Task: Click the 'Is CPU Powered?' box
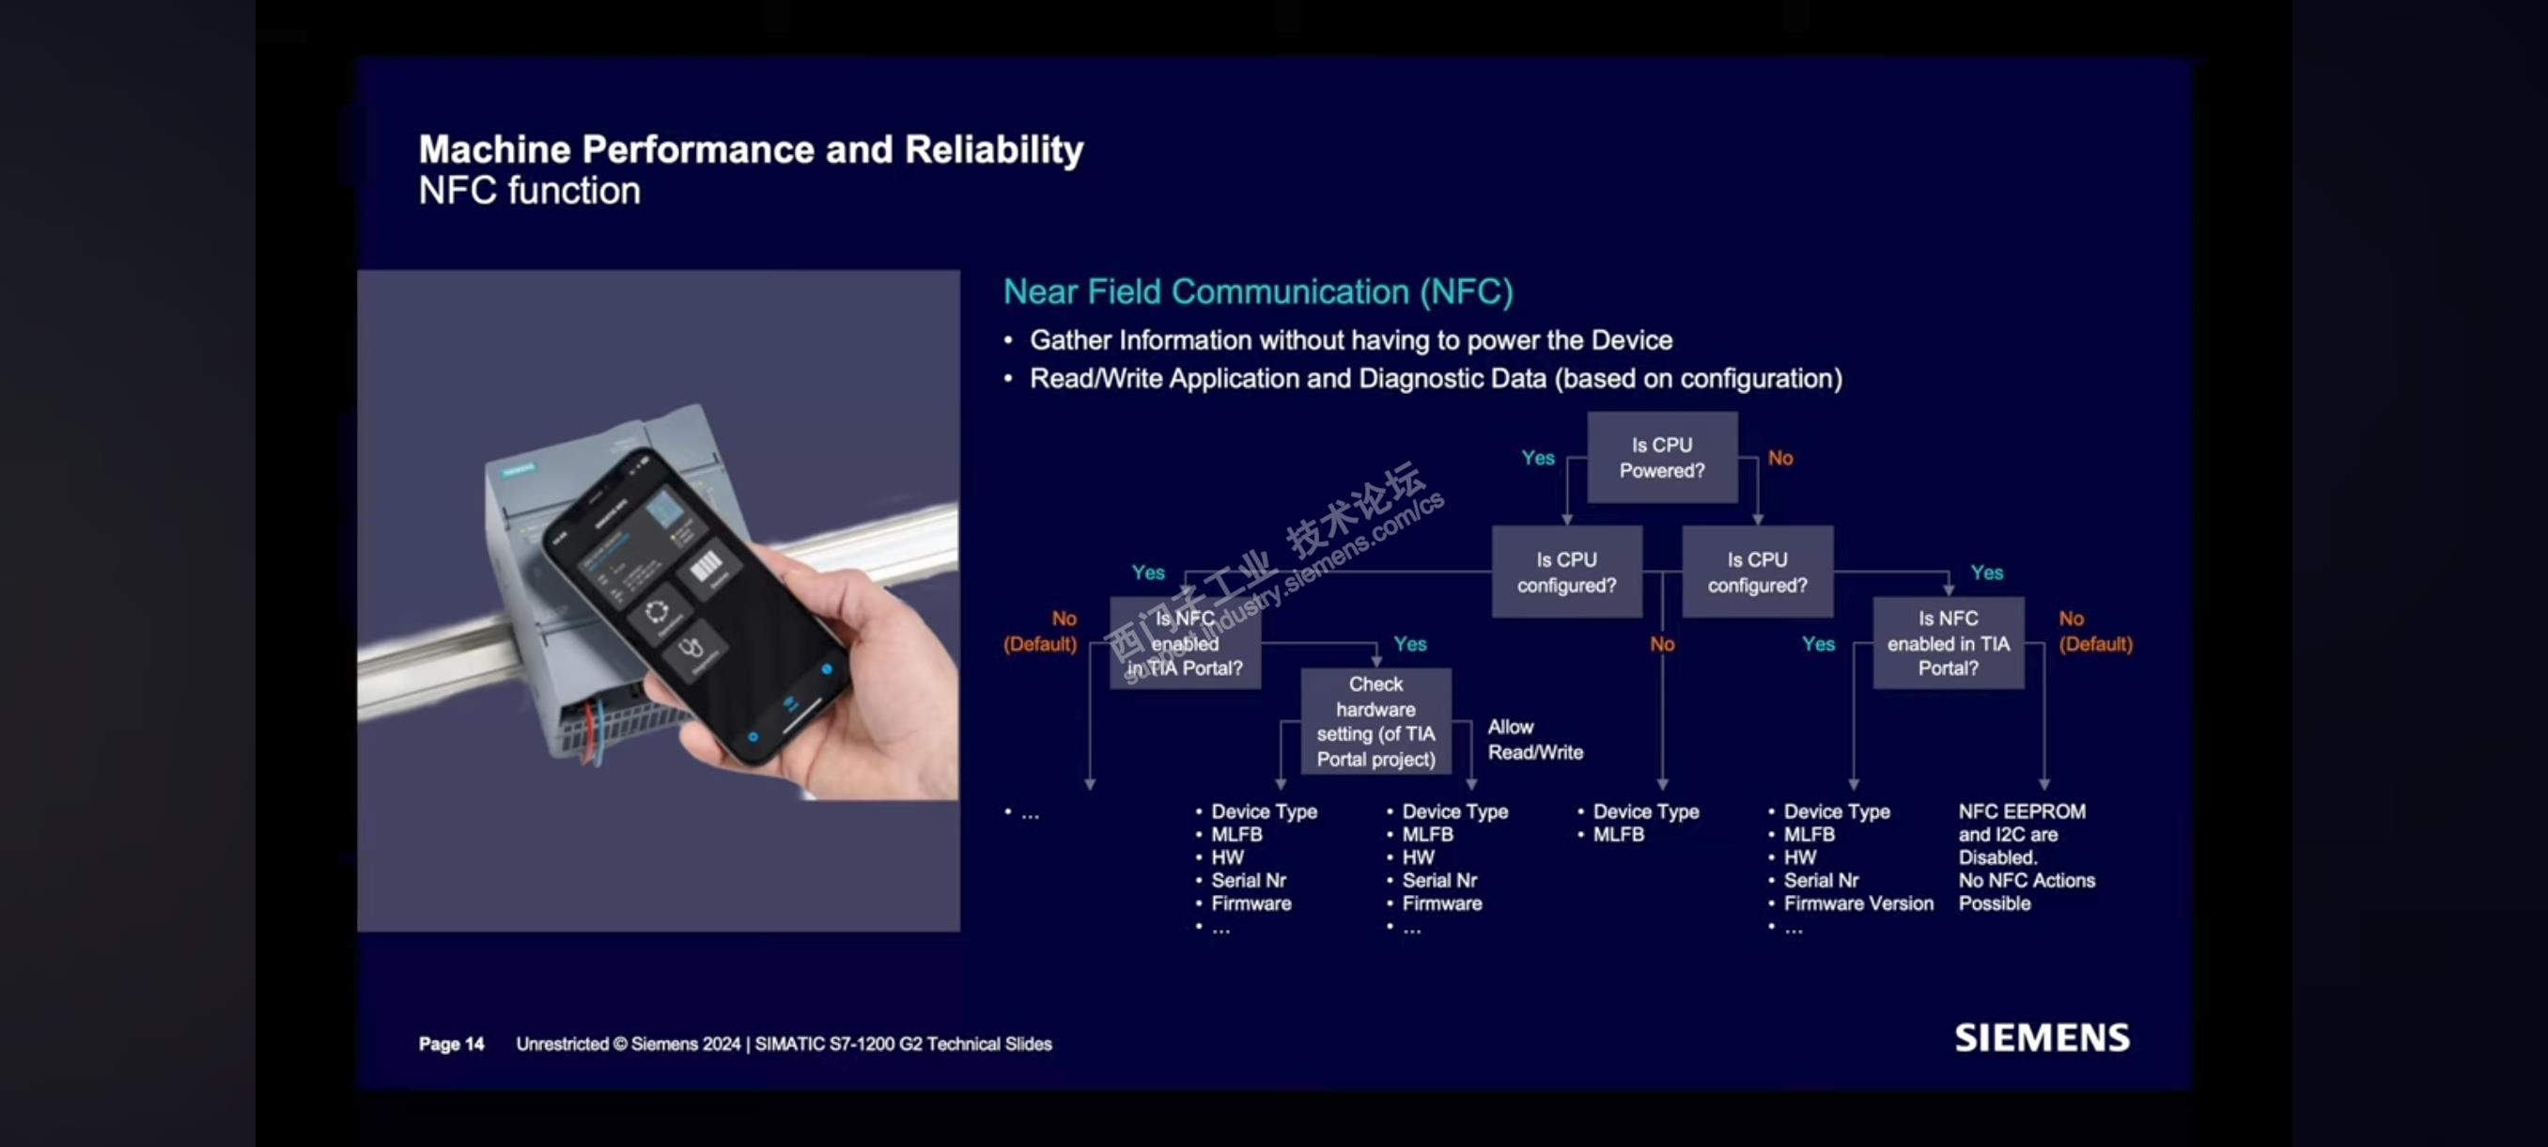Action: (x=1662, y=457)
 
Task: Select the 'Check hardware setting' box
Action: (x=1375, y=721)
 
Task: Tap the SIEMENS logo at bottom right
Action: (x=2042, y=1037)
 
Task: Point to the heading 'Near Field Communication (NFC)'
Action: (x=1258, y=292)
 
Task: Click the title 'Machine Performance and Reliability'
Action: (x=751, y=149)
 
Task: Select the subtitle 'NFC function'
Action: (x=529, y=190)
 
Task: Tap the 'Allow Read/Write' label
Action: (x=1535, y=739)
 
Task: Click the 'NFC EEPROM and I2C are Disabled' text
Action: (x=2022, y=833)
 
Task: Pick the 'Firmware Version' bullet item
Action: (x=1858, y=903)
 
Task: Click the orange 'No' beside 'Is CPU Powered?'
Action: (x=1780, y=457)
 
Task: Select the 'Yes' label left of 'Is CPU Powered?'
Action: (x=1538, y=457)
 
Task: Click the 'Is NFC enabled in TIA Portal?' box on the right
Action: (x=1948, y=642)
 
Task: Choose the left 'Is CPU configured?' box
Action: (x=1567, y=572)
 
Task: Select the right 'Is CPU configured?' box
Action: (x=1757, y=572)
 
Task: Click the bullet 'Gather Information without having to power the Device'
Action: (x=1351, y=340)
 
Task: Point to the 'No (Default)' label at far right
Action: (x=2095, y=632)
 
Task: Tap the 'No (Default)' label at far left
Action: (x=1039, y=632)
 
